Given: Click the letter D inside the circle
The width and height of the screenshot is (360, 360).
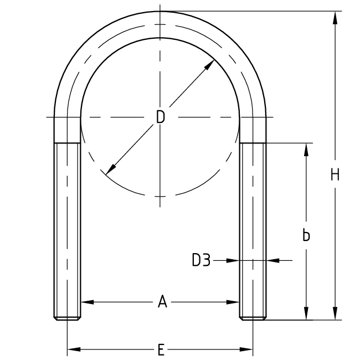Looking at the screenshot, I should point(160,117).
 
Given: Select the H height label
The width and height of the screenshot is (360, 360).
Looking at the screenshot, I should point(335,175).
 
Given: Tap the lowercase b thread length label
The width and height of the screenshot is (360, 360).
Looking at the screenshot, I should point(306,235).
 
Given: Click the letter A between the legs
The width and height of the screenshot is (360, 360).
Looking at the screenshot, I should point(162,302).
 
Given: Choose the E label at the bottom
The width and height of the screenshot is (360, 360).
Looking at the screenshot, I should point(161,349).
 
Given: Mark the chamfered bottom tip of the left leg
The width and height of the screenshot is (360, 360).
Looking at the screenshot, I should point(67,318).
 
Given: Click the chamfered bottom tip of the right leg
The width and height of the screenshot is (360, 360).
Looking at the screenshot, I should point(253,318).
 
